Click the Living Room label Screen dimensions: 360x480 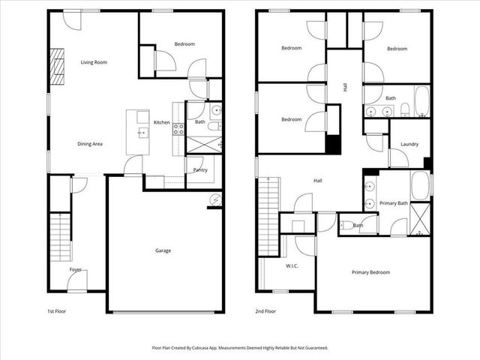94,62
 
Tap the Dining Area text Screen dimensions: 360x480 90,143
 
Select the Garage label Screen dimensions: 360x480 163,250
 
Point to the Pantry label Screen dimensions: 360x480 199,170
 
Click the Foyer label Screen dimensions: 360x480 76,269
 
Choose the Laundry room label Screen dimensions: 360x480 409,144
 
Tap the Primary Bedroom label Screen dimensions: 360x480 370,272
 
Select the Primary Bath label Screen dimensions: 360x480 393,203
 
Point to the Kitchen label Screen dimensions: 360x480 162,122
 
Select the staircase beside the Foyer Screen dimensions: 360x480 58,236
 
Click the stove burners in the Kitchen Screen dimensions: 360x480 179,129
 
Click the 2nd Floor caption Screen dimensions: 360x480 265,310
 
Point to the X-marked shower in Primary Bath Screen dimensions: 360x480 421,219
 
